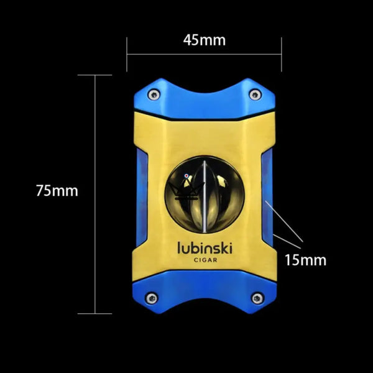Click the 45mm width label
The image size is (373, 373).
click(204, 40)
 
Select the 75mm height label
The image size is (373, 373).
click(57, 191)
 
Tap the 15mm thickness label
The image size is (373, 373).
click(305, 259)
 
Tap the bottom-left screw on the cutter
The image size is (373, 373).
click(150, 299)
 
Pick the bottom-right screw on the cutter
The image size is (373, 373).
click(256, 299)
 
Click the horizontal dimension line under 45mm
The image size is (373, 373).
click(204, 54)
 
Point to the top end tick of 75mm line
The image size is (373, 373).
click(94, 75)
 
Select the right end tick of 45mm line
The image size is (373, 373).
click(281, 54)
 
